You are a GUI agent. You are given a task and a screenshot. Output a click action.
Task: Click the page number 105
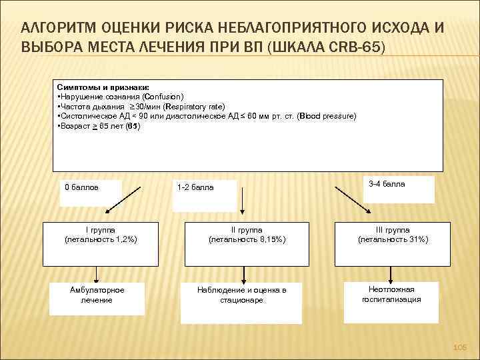(x=460, y=348)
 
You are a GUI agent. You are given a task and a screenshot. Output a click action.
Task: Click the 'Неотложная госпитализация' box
(x=391, y=295)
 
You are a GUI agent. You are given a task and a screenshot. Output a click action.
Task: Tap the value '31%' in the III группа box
(x=417, y=239)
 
